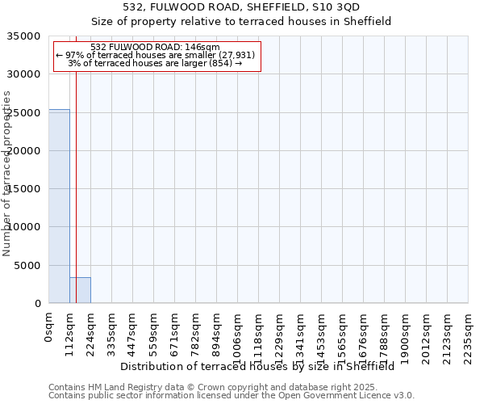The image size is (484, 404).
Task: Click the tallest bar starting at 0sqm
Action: (59, 206)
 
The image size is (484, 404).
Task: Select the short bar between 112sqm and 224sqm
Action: (80, 290)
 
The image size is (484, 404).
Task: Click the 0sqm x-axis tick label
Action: (49, 328)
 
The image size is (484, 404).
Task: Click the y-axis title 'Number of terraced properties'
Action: (7, 174)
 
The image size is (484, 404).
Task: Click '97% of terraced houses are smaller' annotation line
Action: (156, 55)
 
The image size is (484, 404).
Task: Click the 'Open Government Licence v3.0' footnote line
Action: (232, 396)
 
